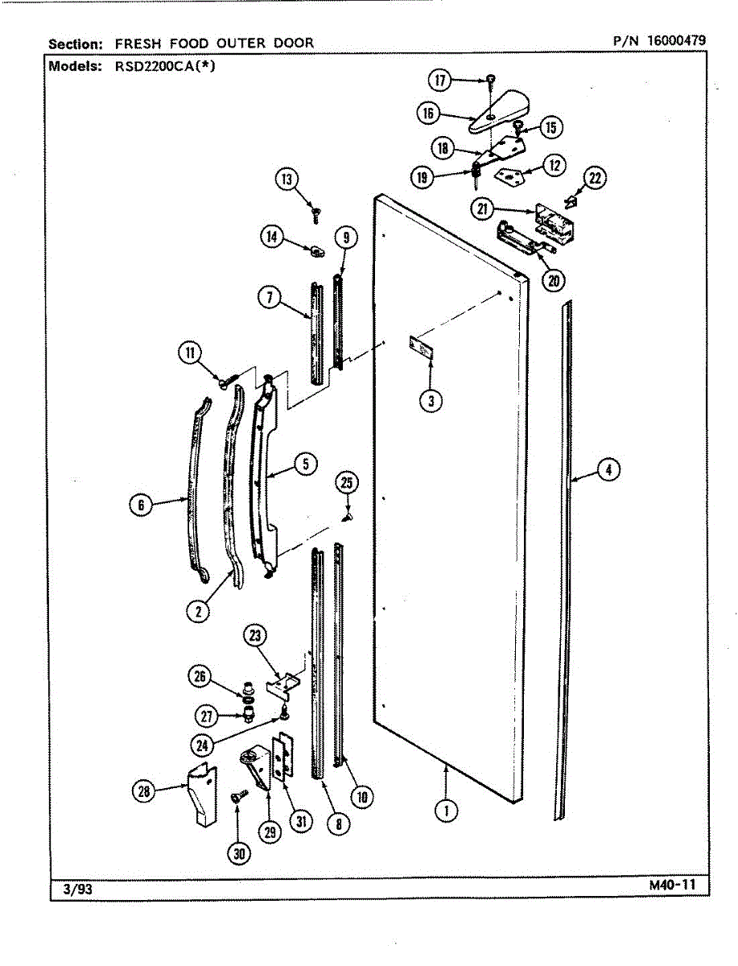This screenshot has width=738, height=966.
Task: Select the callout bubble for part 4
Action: (x=609, y=469)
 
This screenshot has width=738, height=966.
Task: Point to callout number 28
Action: (x=142, y=792)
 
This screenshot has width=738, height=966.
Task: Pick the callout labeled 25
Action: (x=347, y=484)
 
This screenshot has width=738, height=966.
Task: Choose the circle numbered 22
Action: (x=594, y=179)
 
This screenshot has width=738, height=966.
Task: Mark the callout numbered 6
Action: (x=141, y=505)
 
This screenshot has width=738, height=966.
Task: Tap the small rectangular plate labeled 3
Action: (x=422, y=348)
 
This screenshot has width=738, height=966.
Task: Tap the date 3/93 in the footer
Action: (x=78, y=890)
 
